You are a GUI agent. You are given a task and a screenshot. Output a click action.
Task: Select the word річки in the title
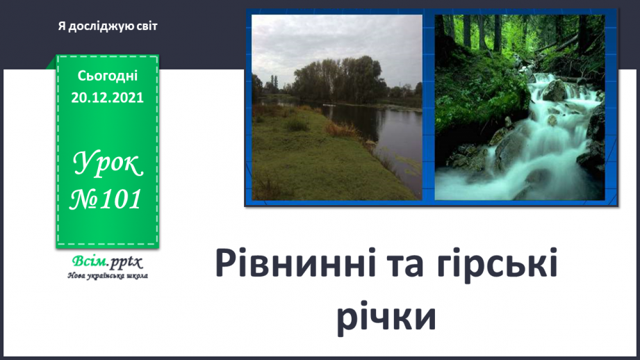coord(386,318)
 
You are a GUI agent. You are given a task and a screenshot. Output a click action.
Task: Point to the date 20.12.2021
coord(108,98)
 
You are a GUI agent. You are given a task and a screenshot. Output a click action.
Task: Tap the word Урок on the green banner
coord(108,165)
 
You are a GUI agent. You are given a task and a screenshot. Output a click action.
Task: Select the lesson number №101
coord(108,200)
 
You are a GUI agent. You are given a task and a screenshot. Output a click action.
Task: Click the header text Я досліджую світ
coord(108,26)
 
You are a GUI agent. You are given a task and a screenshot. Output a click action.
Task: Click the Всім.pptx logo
coord(106,262)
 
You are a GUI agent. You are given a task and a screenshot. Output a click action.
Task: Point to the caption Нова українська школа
coord(107,275)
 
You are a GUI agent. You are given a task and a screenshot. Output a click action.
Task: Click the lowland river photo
coord(336,108)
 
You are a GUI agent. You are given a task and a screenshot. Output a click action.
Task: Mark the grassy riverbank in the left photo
coord(306,160)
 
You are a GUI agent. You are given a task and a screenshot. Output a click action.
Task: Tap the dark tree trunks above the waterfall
coord(486,31)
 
